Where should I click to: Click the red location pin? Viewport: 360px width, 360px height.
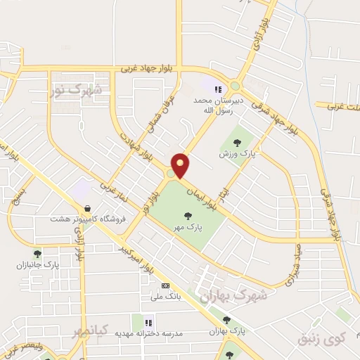point(181,165)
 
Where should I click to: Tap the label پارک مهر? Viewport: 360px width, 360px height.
point(188,227)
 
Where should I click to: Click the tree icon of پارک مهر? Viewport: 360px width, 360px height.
point(188,215)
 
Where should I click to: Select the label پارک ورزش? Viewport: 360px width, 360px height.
point(236,153)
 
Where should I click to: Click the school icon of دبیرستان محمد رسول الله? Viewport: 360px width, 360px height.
point(218,89)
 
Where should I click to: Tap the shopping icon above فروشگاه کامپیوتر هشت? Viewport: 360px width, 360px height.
point(86,209)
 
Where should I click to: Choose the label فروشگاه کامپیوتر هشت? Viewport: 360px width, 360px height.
point(86,219)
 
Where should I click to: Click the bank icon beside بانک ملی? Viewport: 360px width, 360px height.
point(166,285)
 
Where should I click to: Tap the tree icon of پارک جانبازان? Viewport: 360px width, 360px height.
point(37,254)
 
